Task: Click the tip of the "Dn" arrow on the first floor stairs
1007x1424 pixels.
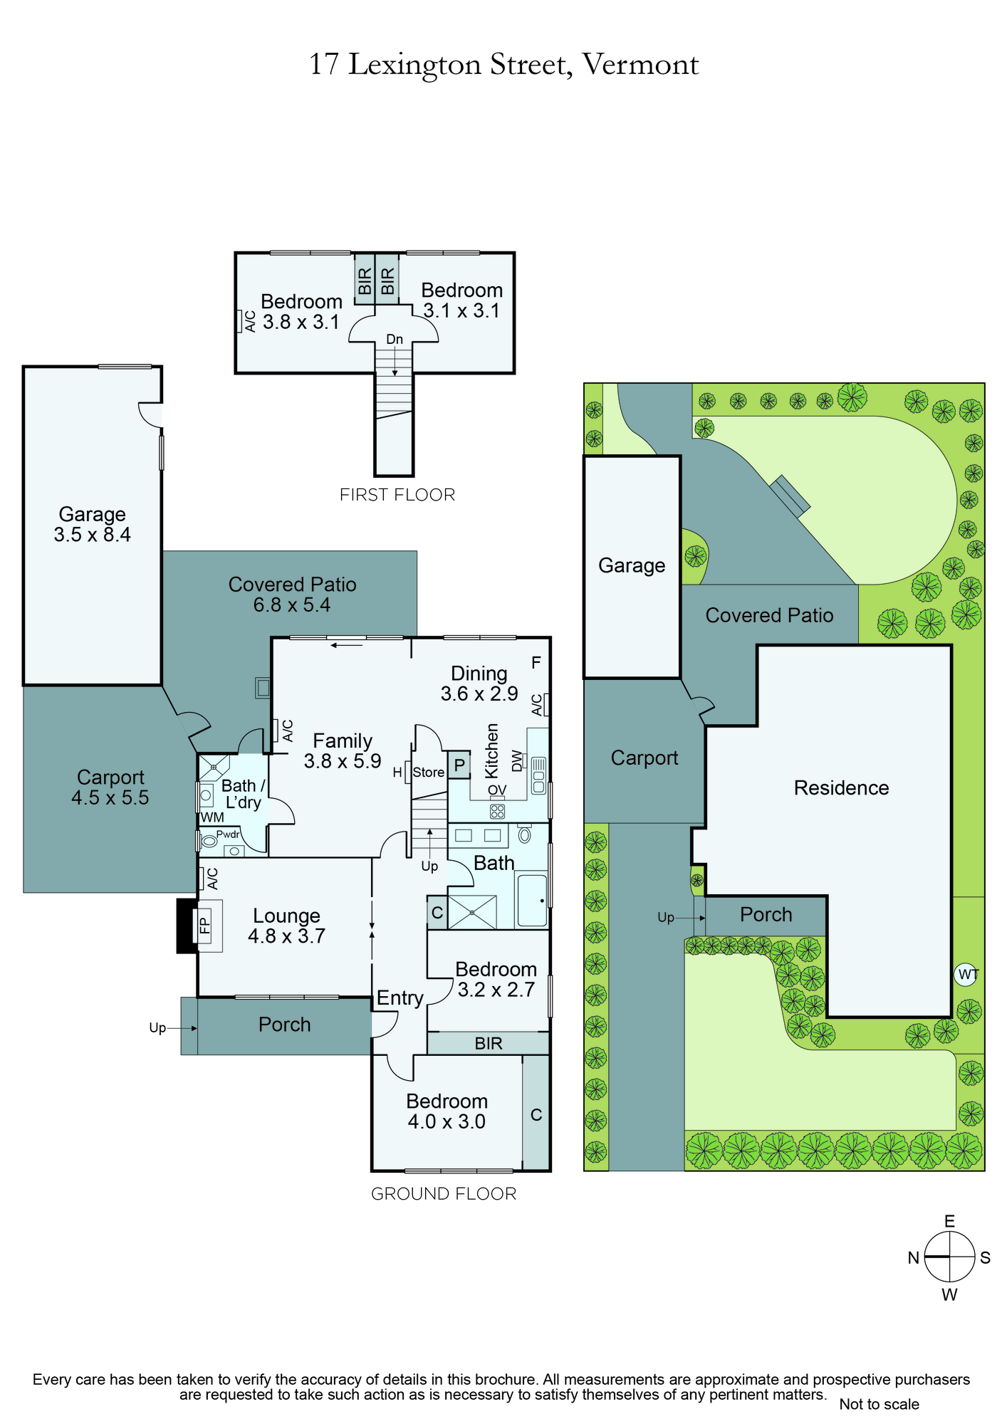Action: [395, 376]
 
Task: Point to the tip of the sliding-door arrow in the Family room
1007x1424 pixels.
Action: [331, 646]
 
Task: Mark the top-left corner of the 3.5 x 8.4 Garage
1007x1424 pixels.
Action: [24, 367]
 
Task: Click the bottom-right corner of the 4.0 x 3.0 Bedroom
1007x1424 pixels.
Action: [550, 1170]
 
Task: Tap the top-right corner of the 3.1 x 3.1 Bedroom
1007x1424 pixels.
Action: [513, 253]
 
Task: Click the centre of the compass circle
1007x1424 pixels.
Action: [949, 1257]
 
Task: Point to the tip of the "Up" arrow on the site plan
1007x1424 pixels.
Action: [705, 918]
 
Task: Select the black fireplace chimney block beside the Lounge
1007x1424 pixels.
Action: [187, 926]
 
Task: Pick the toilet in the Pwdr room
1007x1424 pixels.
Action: [209, 841]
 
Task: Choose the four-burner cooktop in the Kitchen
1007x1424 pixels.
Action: [497, 811]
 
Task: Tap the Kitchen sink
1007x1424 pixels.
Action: [538, 775]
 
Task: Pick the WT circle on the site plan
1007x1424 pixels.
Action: [966, 974]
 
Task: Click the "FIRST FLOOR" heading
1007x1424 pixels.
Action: [397, 495]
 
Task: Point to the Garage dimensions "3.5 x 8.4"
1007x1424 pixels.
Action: [93, 535]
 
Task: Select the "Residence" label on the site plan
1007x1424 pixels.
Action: [841, 788]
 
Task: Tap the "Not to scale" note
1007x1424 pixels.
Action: [879, 1404]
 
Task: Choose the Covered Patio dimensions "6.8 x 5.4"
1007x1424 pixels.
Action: [292, 605]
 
